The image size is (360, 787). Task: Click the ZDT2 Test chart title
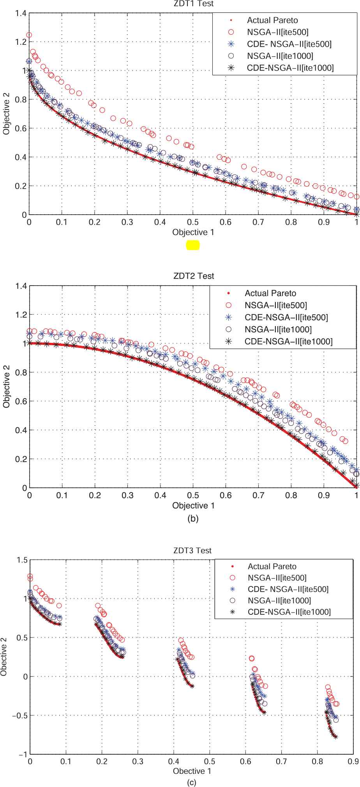tap(193, 276)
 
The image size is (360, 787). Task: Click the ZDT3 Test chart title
tap(192, 551)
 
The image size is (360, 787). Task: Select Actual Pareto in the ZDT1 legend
tap(272, 20)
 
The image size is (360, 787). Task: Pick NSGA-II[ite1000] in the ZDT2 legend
tap(278, 330)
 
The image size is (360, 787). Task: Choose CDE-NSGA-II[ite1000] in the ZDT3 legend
tap(289, 612)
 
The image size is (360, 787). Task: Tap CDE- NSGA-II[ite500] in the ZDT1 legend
tap(289, 44)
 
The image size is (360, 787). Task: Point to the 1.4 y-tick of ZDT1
tap(21, 14)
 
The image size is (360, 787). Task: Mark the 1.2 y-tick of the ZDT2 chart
tap(21, 315)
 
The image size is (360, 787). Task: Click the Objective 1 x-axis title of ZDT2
tap(193, 506)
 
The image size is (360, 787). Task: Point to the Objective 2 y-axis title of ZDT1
tap(7, 113)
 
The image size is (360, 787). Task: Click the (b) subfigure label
tap(193, 519)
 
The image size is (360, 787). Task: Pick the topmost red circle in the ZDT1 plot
tap(29, 35)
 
